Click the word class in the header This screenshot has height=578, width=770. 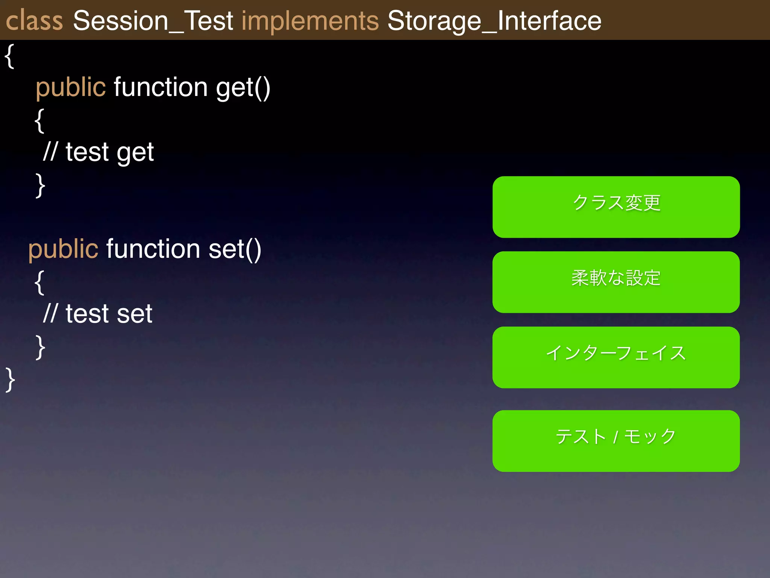point(34,21)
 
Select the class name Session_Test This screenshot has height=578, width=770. point(153,21)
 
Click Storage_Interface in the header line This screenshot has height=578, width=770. point(494,21)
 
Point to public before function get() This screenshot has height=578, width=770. point(71,87)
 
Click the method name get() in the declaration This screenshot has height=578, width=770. point(243,87)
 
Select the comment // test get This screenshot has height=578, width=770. point(99,152)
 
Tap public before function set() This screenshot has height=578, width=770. point(63,249)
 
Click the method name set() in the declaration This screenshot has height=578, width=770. point(235,249)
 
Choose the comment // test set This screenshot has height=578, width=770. point(98,314)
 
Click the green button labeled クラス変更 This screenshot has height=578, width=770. point(616,207)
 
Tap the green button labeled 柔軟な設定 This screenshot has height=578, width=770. point(616,282)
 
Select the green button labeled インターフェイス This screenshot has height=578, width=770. point(616,357)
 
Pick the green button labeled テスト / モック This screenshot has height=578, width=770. point(616,441)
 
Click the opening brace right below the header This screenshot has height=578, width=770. point(9,56)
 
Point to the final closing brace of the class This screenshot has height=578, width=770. point(10,380)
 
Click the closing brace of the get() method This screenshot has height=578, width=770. point(40,185)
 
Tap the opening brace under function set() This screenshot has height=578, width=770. point(39,282)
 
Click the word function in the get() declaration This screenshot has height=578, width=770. point(161,87)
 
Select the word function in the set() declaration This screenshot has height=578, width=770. point(153,249)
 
